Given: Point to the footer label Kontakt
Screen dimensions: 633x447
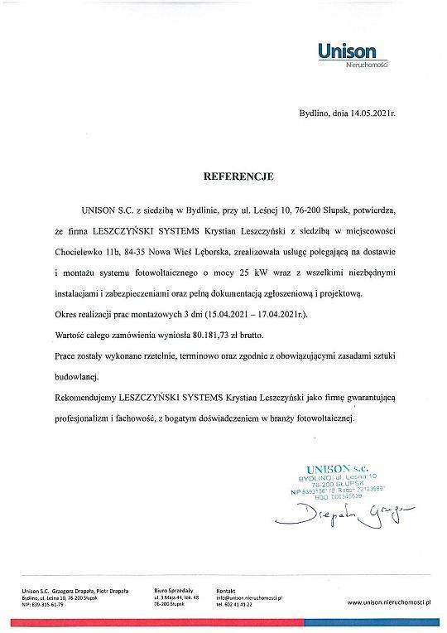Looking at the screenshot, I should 224,589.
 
